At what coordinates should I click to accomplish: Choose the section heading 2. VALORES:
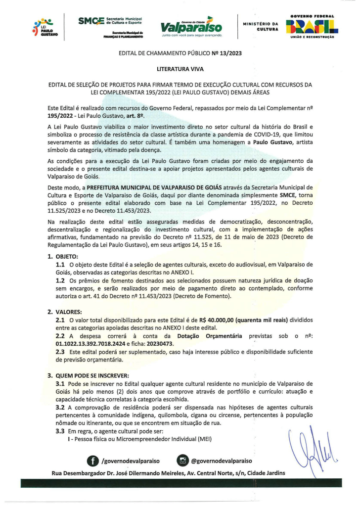[x=65, y=312]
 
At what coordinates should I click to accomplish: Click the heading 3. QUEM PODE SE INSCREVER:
[x=88, y=375]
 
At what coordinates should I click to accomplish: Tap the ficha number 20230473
[x=158, y=343]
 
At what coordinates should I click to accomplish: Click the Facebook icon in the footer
[x=92, y=461]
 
